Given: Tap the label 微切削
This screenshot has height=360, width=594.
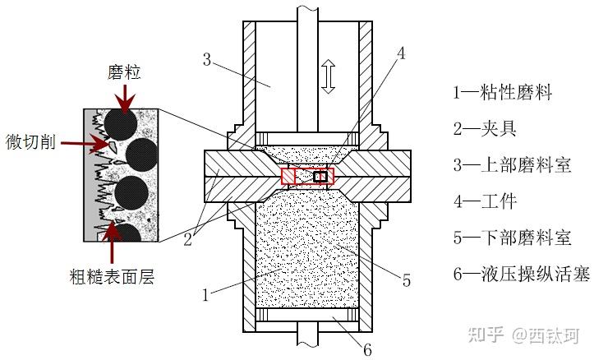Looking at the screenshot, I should pyautogui.click(x=30, y=141).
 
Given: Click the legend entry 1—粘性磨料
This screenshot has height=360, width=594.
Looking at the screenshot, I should pyautogui.click(x=502, y=92).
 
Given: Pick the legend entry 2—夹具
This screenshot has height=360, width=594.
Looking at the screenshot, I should pyautogui.click(x=484, y=128).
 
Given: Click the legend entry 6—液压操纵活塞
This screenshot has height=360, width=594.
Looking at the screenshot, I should pyautogui.click(x=521, y=275).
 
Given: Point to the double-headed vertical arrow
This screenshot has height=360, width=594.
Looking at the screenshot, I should pyautogui.click(x=329, y=78).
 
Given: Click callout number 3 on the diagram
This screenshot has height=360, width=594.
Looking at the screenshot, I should pyautogui.click(x=207, y=59).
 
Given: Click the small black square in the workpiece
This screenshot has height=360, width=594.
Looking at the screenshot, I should pyautogui.click(x=320, y=177).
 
